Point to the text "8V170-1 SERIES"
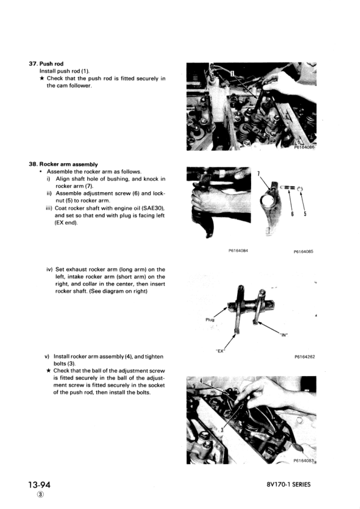288,485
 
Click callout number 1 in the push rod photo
231,73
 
